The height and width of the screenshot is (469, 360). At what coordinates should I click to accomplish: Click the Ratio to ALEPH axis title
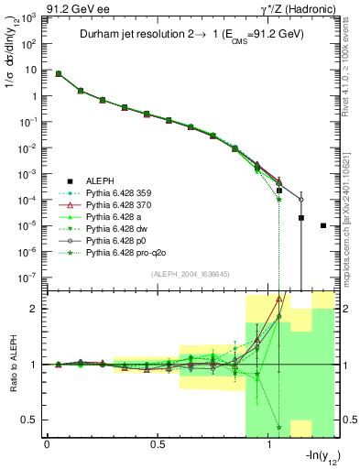pos(13,365)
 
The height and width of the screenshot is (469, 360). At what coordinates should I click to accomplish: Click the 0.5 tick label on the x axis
pos(157,445)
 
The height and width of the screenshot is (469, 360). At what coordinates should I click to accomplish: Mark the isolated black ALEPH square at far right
pos(323,225)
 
